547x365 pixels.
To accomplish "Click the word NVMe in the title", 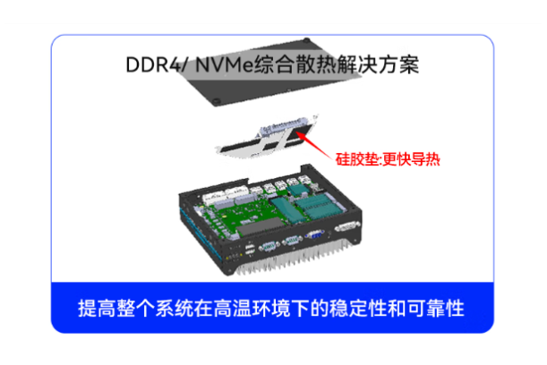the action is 224,64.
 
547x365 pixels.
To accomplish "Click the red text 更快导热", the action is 411,159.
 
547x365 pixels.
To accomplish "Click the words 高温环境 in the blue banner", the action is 252,308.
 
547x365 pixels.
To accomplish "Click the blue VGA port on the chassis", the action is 314,234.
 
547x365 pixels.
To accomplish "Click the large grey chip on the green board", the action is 261,225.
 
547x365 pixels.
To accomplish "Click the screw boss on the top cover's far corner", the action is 307,40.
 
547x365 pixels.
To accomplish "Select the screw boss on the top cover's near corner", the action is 217,101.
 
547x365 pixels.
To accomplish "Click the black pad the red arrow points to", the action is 302,132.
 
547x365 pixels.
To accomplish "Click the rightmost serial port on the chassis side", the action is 346,226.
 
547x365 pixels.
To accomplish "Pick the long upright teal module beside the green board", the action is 285,210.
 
